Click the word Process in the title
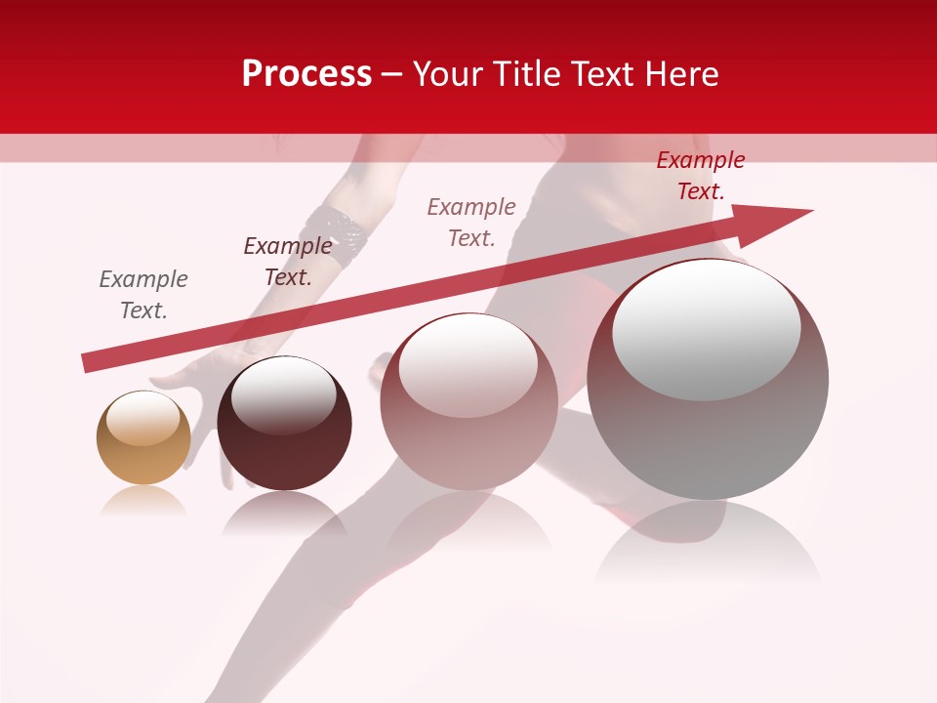tap(306, 74)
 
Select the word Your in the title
tap(450, 74)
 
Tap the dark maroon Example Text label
tap(288, 262)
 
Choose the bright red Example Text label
tap(700, 176)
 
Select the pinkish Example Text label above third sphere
tap(471, 222)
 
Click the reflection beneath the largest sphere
tap(708, 542)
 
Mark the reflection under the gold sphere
tap(143, 502)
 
